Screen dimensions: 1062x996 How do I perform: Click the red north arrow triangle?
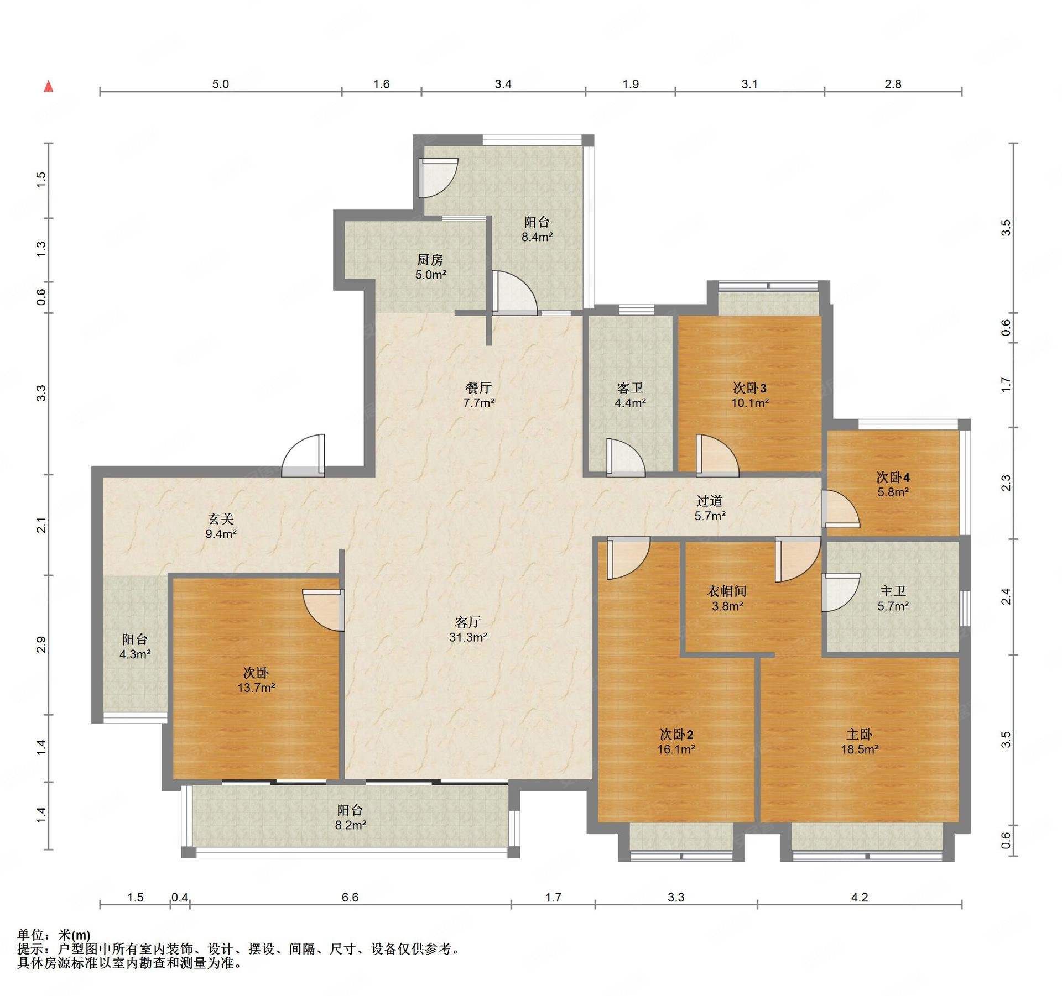(x=49, y=86)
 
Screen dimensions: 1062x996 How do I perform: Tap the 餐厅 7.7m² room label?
(x=479, y=395)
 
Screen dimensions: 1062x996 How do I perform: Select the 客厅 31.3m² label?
(x=468, y=630)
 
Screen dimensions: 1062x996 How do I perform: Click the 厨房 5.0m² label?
(x=430, y=266)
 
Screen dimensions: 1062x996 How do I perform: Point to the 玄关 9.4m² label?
(x=221, y=526)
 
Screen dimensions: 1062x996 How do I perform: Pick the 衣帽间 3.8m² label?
(x=727, y=599)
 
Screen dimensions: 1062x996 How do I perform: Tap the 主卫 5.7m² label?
(x=893, y=599)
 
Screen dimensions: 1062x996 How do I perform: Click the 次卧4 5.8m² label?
(x=893, y=484)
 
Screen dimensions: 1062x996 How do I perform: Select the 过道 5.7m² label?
(x=710, y=508)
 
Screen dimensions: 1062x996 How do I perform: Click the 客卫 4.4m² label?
(x=630, y=395)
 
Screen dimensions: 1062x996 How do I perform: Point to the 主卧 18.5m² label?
(x=860, y=742)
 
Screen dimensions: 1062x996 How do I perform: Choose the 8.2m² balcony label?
(x=351, y=817)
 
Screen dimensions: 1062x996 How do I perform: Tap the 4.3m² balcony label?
(x=135, y=647)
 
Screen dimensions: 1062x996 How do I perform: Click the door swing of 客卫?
(x=626, y=457)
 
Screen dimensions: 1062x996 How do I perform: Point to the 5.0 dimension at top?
(x=220, y=84)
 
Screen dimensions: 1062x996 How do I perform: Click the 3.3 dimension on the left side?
(x=41, y=393)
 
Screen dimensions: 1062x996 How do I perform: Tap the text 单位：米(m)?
(x=54, y=935)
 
